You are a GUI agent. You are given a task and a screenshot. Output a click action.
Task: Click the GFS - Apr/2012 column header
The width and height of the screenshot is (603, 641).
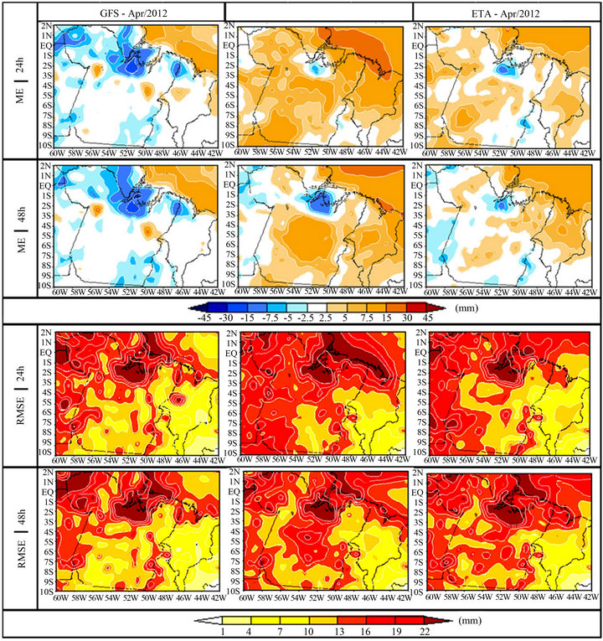[134, 13]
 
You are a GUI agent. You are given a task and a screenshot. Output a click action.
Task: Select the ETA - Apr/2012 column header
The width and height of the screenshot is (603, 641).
[506, 13]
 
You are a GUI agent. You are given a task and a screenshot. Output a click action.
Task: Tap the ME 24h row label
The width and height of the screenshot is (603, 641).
[21, 80]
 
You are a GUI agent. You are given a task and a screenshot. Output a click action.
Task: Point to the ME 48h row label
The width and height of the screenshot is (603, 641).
[21, 230]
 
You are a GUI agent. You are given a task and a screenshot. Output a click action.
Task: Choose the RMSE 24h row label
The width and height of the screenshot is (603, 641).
[21, 395]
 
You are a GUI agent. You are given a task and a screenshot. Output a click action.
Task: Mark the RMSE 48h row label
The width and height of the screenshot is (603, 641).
[21, 539]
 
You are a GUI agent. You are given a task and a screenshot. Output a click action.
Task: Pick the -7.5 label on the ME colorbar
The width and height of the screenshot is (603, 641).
[270, 318]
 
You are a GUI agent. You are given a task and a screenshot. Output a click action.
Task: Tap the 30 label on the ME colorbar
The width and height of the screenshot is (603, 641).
[407, 318]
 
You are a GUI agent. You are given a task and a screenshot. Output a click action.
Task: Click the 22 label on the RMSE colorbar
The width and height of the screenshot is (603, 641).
[425, 632]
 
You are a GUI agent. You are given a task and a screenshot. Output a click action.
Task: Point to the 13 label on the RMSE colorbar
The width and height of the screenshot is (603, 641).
[339, 632]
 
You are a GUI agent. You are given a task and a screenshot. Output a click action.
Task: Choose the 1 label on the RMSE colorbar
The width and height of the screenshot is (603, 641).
[223, 632]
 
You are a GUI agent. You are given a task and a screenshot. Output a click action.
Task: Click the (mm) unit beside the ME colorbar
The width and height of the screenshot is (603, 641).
[466, 308]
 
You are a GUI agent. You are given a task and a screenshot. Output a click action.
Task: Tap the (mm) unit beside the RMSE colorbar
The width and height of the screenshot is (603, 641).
[470, 621]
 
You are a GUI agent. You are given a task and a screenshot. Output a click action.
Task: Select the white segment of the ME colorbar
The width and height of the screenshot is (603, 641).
[317, 308]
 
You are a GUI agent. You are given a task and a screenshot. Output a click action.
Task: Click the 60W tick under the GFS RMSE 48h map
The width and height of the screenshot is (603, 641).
[60, 597]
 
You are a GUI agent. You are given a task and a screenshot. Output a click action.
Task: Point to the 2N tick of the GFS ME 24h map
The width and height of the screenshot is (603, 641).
[47, 25]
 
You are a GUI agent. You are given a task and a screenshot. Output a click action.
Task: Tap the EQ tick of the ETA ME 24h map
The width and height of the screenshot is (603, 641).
[418, 46]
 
